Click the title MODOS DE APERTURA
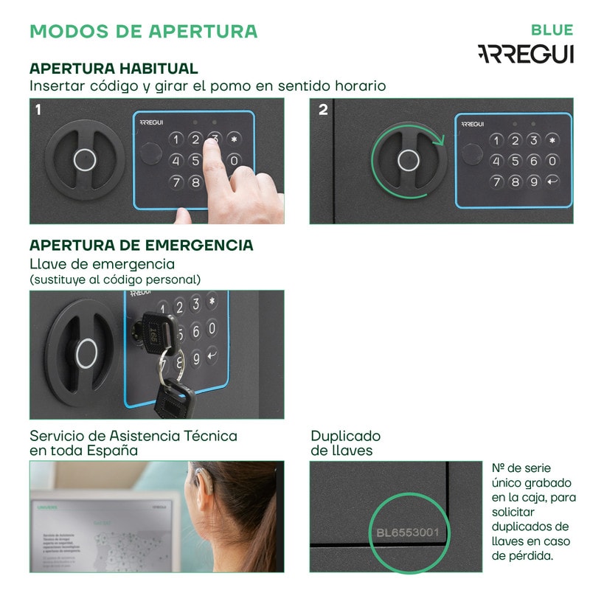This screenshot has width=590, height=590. click(x=143, y=31)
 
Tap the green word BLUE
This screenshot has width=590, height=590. click(x=552, y=30)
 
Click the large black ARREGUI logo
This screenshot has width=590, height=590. click(x=525, y=54)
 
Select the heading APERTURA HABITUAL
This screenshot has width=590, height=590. click(x=114, y=69)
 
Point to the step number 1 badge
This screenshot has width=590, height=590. click(x=38, y=110)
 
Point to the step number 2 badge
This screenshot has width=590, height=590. click(x=323, y=110)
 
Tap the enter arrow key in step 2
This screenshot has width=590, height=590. click(x=552, y=181)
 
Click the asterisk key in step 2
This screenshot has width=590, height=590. click(x=552, y=140)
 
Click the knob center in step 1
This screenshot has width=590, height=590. click(x=85, y=159)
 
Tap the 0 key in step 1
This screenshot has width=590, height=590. click(x=234, y=160)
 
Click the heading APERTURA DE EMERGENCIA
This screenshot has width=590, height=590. click(x=141, y=245)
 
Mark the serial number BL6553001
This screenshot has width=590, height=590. click(x=407, y=532)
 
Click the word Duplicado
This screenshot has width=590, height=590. click(x=345, y=436)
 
